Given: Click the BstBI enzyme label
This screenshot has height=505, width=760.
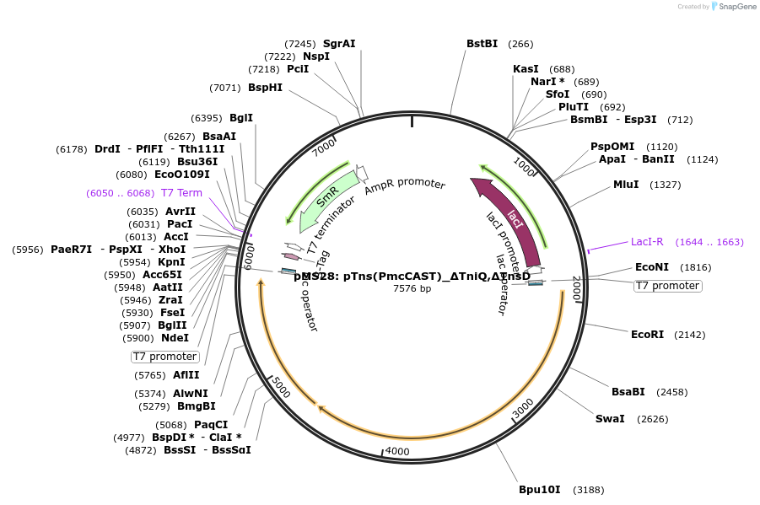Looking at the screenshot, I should (x=482, y=44).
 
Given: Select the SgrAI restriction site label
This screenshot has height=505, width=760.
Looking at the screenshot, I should (x=339, y=44).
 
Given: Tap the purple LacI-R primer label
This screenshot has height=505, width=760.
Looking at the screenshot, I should (x=647, y=242).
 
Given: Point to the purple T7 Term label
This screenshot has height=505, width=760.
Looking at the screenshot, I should (x=181, y=193).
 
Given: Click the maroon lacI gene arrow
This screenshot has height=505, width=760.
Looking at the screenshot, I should (x=515, y=218).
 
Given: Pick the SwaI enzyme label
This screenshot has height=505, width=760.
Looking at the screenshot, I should (x=610, y=419).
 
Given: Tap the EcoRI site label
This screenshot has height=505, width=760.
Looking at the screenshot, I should (x=647, y=335).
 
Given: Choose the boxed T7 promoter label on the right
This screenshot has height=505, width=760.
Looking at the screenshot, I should (x=667, y=286).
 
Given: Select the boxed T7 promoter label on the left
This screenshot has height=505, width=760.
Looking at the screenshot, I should (x=165, y=357).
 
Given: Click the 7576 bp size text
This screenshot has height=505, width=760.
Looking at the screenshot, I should (x=412, y=289).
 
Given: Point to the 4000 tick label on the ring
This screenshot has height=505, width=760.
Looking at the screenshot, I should (x=397, y=451).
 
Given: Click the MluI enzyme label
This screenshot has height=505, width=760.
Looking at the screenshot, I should (x=626, y=185).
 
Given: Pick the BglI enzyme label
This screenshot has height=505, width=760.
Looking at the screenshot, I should (x=241, y=119).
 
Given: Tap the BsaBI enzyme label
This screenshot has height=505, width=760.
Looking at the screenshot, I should (x=628, y=392).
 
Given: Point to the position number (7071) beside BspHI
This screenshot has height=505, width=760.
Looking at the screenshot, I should (x=225, y=88).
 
